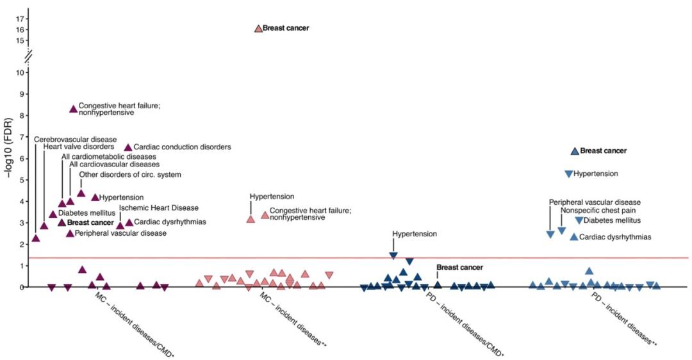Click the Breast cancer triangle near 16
[258, 28]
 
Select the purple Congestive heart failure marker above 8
[73, 109]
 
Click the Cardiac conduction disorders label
[182, 147]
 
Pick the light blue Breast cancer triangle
[575, 151]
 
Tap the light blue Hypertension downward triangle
[568, 174]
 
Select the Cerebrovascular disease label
[76, 139]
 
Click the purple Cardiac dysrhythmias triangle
[129, 222]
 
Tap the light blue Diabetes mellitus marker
[579, 220]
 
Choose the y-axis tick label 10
[21, 72]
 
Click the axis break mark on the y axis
[28, 56]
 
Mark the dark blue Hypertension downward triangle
[393, 256]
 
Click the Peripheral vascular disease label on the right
[595, 202]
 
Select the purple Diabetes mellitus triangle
[53, 214]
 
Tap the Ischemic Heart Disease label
[159, 208]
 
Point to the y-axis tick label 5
[23, 180]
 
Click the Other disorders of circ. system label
[130, 175]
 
